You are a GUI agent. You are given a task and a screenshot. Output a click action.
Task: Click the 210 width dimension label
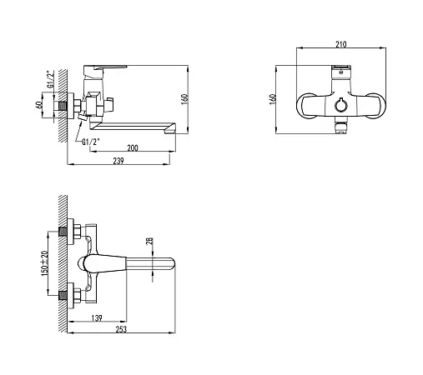341,44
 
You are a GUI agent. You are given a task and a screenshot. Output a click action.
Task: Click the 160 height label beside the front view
273,99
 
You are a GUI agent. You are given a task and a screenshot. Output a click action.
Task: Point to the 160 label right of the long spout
184,99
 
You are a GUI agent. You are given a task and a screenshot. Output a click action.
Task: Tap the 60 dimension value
38,105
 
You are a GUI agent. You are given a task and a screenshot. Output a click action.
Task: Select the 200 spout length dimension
133,147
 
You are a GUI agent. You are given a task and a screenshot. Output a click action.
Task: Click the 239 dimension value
118,161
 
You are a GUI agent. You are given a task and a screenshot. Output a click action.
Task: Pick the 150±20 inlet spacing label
44,263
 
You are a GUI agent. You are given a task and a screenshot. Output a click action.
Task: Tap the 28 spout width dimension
149,241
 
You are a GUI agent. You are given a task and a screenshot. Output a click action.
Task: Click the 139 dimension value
97,317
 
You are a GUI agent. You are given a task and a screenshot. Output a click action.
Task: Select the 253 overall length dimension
121,329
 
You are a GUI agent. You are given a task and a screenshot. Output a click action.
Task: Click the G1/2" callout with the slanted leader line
91,142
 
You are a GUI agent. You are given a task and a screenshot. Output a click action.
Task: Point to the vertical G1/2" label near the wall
50,79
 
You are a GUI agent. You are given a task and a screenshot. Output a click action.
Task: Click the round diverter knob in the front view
341,105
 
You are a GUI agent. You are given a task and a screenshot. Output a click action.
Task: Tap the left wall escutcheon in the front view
305,106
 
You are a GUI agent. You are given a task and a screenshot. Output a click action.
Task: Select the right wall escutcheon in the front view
376,106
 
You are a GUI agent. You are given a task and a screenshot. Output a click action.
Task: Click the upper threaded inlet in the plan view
63,232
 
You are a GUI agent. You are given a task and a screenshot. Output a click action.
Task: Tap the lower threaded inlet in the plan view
63,295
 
